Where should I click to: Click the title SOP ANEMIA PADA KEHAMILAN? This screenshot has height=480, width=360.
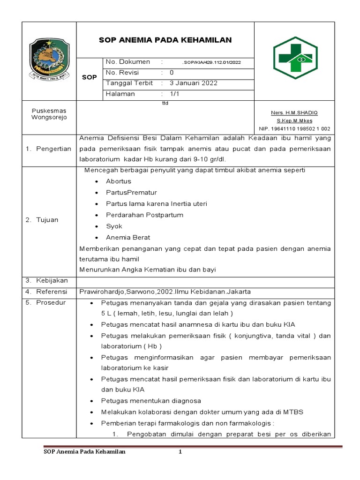click(x=165, y=40)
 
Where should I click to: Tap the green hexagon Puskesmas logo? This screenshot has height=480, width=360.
click(x=294, y=57)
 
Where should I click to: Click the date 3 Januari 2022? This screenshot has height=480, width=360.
click(x=193, y=83)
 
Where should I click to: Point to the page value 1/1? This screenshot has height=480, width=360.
click(x=174, y=94)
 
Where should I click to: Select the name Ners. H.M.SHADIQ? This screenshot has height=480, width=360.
click(x=294, y=113)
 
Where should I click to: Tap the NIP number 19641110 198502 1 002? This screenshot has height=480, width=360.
click(x=294, y=128)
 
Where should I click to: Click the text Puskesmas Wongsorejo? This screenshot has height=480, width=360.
click(x=49, y=114)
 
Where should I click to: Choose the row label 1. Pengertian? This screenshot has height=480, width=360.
click(x=48, y=149)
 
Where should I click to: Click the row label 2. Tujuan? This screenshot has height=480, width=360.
click(x=42, y=220)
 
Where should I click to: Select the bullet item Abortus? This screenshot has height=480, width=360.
click(x=119, y=181)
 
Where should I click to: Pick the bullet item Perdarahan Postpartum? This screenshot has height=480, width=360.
click(x=144, y=215)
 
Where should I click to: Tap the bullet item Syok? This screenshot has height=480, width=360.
click(x=114, y=226)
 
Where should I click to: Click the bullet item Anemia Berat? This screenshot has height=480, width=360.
click(x=128, y=238)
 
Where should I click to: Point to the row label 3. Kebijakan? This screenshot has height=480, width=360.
click(x=46, y=280)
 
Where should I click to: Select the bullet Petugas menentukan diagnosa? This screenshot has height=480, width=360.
click(x=150, y=401)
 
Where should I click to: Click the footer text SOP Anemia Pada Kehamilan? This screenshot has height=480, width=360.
click(x=84, y=452)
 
